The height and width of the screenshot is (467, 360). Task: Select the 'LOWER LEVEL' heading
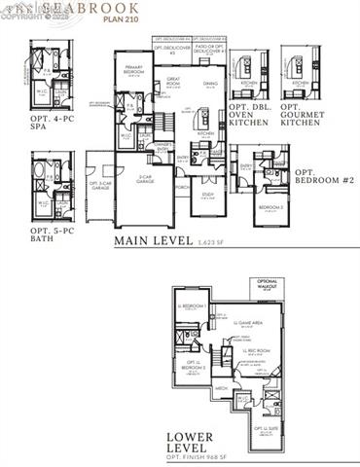193,445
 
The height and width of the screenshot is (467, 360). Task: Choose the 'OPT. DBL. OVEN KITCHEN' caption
250,113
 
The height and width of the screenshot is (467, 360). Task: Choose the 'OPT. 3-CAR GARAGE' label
100,187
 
